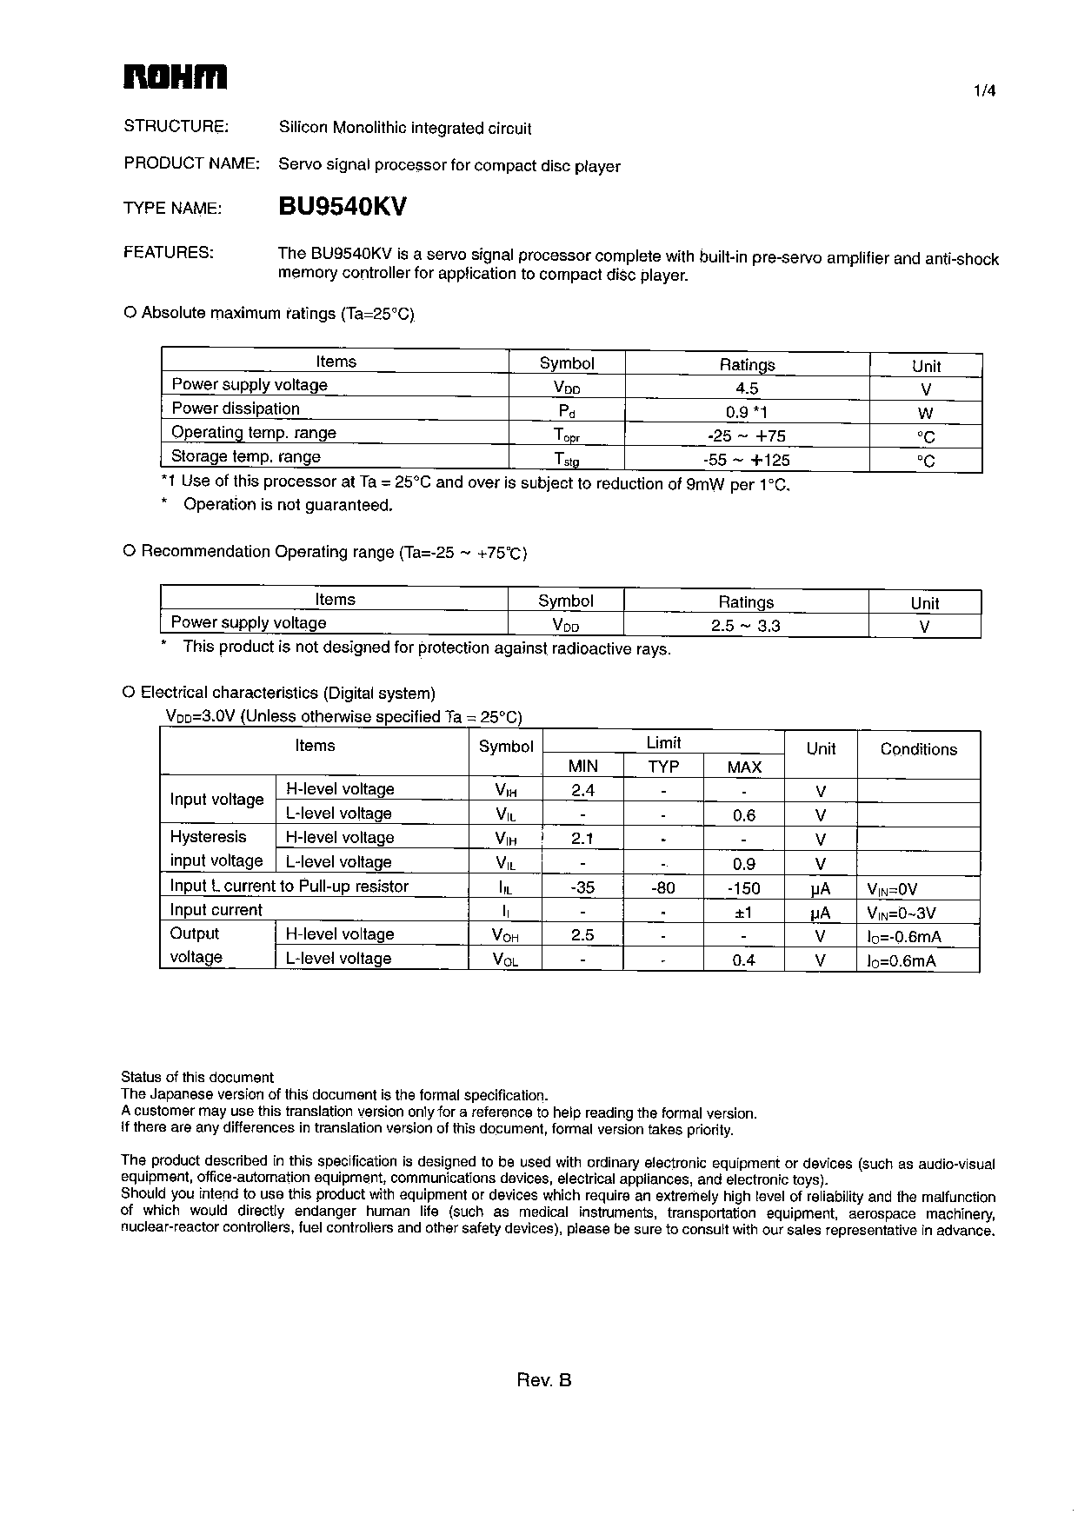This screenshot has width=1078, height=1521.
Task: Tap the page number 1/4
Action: [984, 90]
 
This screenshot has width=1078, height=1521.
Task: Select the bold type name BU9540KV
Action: [343, 207]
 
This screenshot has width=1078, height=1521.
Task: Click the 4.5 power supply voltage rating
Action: [747, 389]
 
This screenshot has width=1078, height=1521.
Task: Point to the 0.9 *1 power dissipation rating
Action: [747, 413]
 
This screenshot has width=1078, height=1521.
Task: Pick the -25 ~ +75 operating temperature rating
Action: [747, 436]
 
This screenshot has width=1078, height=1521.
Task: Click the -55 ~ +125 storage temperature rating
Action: [747, 460]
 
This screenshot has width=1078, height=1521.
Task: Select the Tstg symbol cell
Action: [567, 460]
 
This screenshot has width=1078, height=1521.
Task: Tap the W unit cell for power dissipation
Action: [925, 414]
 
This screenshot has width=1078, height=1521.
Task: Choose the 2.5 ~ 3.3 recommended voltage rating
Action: [746, 626]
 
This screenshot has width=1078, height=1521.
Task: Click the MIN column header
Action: [582, 767]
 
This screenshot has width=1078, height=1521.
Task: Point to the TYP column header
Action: [663, 767]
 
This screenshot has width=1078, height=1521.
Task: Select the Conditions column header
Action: [918, 749]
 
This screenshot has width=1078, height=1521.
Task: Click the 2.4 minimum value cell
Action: [582, 790]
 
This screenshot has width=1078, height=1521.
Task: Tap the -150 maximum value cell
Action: [743, 888]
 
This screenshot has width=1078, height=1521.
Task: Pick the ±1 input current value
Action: [743, 913]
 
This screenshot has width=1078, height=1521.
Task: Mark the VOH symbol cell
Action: [505, 936]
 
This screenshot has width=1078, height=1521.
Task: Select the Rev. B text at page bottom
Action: [544, 1380]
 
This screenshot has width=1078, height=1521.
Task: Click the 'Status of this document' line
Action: [197, 1077]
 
